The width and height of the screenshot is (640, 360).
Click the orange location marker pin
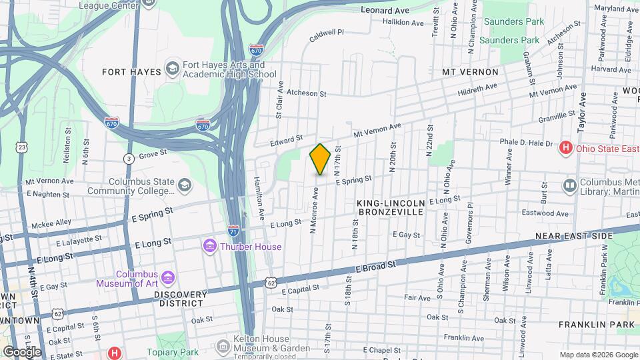(x=320, y=159)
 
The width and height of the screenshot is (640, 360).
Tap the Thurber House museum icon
(x=210, y=247)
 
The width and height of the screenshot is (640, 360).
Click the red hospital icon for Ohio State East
(x=566, y=147)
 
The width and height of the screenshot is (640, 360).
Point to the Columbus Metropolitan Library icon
(x=569, y=185)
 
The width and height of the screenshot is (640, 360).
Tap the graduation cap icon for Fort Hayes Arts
(x=173, y=69)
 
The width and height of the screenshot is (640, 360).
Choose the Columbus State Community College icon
(x=184, y=184)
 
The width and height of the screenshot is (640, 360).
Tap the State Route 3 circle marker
(x=128, y=158)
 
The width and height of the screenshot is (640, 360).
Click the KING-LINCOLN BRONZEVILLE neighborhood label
(x=391, y=207)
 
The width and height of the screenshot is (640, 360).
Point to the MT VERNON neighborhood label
(x=470, y=71)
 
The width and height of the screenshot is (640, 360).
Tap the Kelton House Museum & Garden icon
(x=223, y=344)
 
